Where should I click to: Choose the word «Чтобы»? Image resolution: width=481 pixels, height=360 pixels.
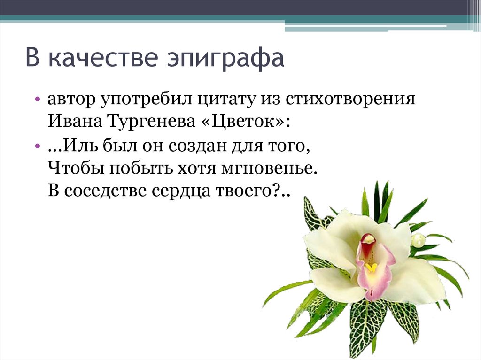click(x=75, y=168)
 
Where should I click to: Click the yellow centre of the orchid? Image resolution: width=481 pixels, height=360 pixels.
click(x=371, y=268)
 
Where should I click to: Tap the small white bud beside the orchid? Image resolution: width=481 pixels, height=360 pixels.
click(x=418, y=241)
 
